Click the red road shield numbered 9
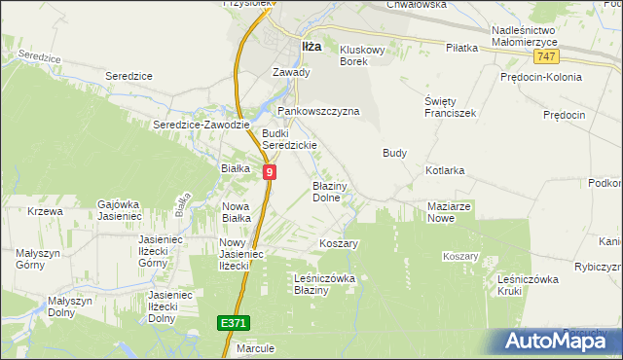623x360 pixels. tap(269, 171)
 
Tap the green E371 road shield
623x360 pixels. tap(234, 320)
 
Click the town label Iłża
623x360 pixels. tap(311, 46)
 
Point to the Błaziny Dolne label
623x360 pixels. tap(326, 191)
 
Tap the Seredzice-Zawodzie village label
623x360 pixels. tap(202, 125)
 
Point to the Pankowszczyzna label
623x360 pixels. tap(319, 111)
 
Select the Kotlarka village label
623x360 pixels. tap(445, 170)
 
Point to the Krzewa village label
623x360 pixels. tap(45, 211)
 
